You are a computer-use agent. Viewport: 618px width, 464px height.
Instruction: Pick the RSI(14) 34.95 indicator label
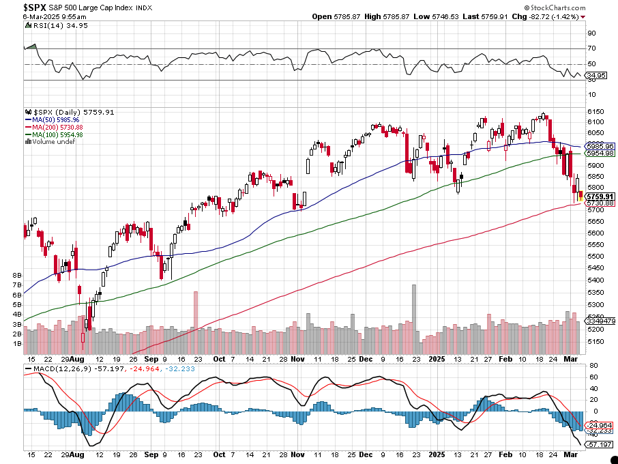[51, 25]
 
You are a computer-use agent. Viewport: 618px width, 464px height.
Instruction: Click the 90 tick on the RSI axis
[591, 33]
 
